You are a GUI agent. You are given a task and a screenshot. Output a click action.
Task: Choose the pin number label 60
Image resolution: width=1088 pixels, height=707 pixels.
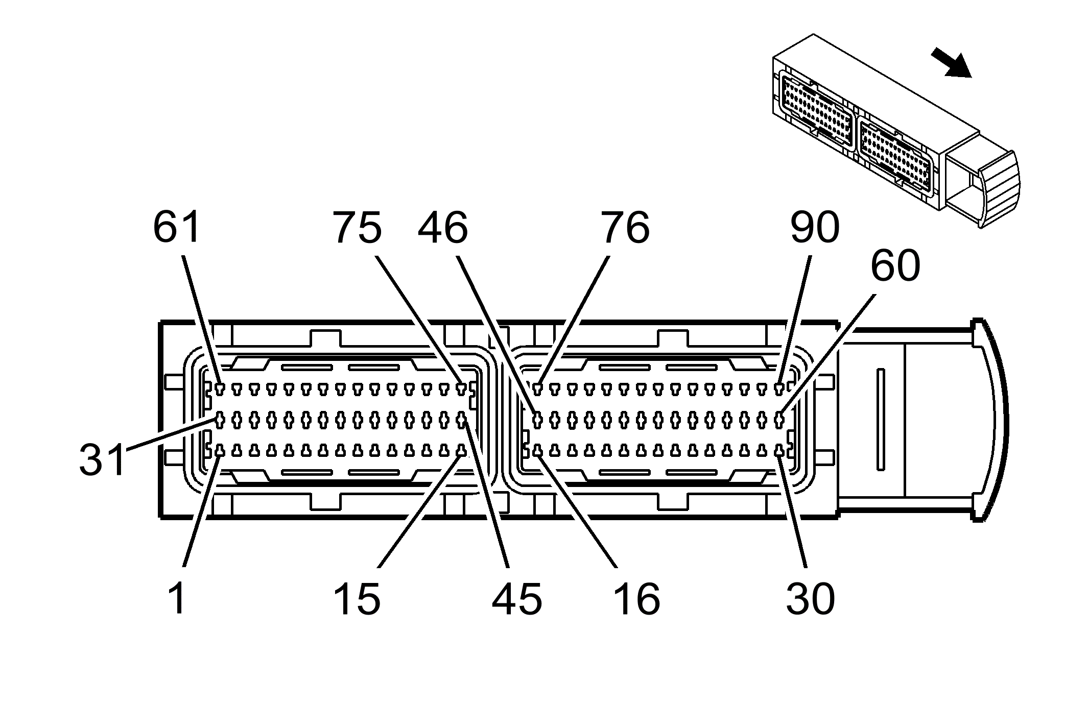pyautogui.click(x=895, y=266)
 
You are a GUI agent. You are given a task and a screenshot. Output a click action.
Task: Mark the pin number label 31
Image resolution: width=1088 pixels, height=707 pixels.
pyautogui.click(x=102, y=459)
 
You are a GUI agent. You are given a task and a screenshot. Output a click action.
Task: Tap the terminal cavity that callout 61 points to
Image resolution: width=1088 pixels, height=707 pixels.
pyautogui.click(x=220, y=389)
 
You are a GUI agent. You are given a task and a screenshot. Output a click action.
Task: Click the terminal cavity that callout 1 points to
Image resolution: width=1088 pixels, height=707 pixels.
pyautogui.click(x=220, y=451)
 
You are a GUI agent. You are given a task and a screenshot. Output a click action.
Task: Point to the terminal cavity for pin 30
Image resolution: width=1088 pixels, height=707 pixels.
pyautogui.click(x=779, y=451)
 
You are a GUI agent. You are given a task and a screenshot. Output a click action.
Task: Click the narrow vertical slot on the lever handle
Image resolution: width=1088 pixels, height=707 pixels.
pyautogui.click(x=880, y=419)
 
